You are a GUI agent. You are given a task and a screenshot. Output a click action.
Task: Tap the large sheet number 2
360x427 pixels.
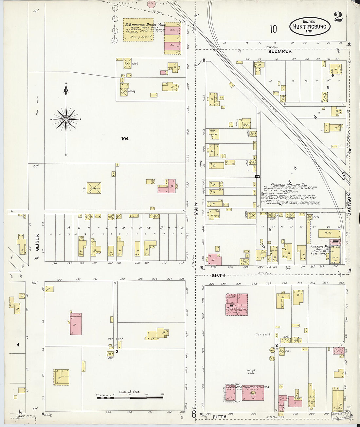click(338, 17)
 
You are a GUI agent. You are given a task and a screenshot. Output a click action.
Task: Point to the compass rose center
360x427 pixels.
click(66, 119)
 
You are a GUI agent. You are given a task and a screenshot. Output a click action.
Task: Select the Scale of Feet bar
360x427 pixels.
click(130, 397)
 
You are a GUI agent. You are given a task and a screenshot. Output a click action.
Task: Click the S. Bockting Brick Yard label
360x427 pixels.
click(145, 25)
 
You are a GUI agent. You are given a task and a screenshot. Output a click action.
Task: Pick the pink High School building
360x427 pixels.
click(236, 304)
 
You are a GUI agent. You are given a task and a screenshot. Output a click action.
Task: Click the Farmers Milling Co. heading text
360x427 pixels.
click(288, 185)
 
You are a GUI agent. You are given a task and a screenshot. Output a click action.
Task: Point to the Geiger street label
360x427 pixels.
click(37, 242)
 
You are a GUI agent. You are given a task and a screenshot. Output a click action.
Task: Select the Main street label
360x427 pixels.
click(196, 208)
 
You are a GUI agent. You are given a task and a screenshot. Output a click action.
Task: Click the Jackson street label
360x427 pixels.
click(349, 204)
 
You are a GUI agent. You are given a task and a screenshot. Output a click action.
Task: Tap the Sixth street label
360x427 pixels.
click(219, 276)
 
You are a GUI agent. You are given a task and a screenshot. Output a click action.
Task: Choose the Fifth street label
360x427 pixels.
click(219, 417)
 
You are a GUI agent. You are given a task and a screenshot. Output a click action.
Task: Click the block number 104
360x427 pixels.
click(125, 139)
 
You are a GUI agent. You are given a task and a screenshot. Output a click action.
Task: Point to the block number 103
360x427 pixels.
click(258, 176)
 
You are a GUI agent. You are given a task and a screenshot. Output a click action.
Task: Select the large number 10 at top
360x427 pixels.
click(273, 29)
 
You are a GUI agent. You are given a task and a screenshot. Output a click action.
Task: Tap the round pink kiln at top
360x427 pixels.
click(151, 4)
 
